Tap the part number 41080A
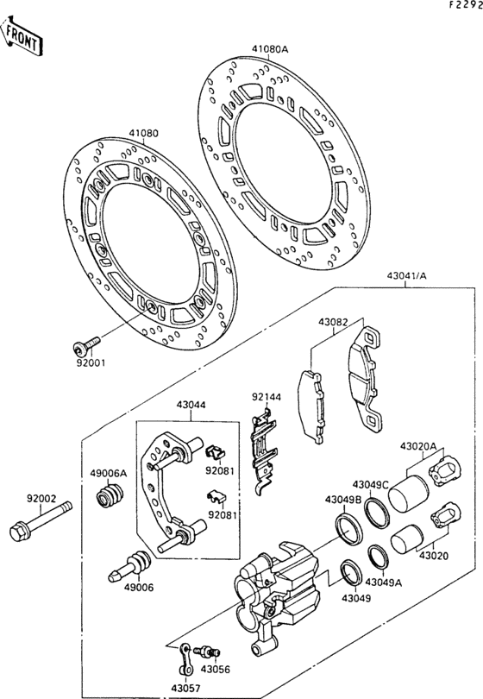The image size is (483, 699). [x=270, y=49]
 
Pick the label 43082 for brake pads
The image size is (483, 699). [x=332, y=322]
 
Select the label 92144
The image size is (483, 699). [x=266, y=398]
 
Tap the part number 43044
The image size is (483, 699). [x=191, y=404]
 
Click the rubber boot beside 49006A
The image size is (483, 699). [x=110, y=499]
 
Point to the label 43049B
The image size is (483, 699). [x=342, y=500]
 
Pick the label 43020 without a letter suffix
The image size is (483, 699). [x=434, y=557]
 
